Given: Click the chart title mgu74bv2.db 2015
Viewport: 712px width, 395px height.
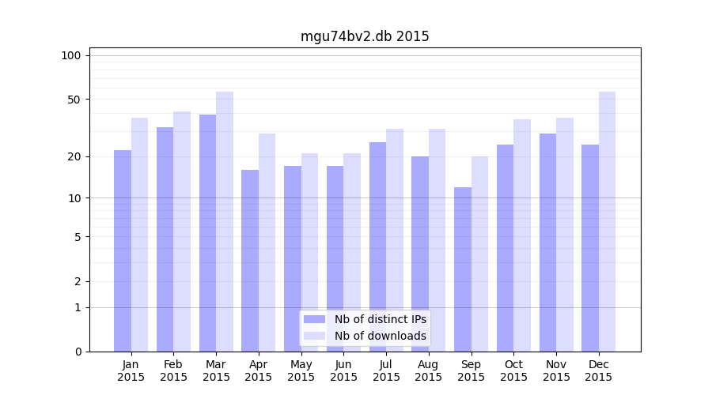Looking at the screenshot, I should point(365,36).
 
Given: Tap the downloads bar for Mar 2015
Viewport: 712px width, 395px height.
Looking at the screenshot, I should point(225,221).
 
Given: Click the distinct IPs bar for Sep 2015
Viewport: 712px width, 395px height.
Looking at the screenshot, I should point(463,269).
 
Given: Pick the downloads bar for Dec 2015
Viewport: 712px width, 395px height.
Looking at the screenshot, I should point(608,221).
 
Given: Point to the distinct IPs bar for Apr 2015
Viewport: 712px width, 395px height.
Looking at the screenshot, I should point(250,261).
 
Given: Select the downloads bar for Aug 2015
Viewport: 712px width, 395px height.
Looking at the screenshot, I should point(437,240).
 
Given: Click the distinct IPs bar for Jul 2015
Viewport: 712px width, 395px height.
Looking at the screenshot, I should point(377,246).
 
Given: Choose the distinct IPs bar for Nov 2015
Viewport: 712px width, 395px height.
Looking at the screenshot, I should point(547,243).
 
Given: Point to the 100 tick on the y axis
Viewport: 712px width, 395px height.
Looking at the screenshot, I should point(71,55).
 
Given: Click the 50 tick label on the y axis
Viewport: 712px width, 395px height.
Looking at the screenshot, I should point(74,100).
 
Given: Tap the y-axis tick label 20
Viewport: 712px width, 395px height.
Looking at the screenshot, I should point(74,156).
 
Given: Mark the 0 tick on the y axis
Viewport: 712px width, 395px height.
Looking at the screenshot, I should point(77,352).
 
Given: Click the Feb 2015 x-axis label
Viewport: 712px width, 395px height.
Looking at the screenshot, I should point(173,371).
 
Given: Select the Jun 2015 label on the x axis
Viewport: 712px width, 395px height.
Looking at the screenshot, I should point(343,371).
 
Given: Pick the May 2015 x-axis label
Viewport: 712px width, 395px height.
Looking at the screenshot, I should point(301,371).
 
